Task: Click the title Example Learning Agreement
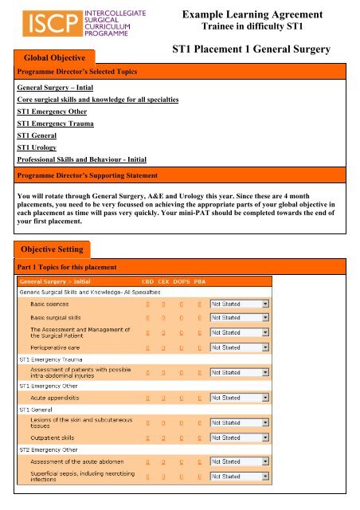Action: pyautogui.click(x=264, y=15)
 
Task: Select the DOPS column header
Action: pyautogui.click(x=182, y=282)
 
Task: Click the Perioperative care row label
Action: pyautogui.click(x=59, y=348)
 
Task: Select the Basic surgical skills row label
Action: pyautogui.click(x=60, y=317)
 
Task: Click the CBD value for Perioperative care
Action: pyautogui.click(x=146, y=348)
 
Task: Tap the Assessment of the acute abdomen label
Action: pyautogui.click(x=79, y=461)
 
